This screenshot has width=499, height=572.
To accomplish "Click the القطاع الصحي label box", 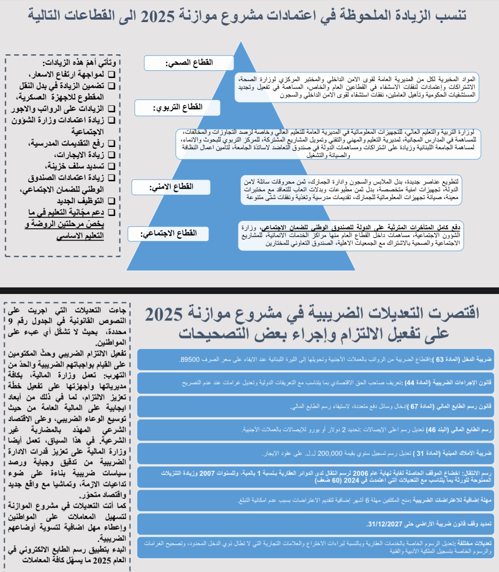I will pyautogui.click(x=189, y=63).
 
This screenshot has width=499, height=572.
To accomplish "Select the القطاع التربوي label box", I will pyautogui.click(x=177, y=107).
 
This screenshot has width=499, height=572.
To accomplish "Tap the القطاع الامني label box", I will pyautogui.click(x=171, y=187).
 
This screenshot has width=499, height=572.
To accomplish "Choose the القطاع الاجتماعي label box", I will pyautogui.click(x=168, y=234).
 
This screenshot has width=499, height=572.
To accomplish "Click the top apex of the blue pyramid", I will pyautogui.click(x=241, y=42).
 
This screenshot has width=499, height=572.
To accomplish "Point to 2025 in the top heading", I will pyautogui.click(x=157, y=16).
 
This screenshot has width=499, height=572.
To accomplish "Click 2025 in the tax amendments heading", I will pyautogui.click(x=164, y=315).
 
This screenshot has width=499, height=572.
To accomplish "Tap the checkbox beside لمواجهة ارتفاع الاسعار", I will pyautogui.click(x=111, y=74).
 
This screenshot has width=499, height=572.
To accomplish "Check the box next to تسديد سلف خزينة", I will pyautogui.click(x=111, y=166).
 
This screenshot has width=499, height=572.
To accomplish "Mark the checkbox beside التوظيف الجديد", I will pyautogui.click(x=111, y=201).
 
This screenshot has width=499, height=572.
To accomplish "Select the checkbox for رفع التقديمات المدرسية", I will pyautogui.click(x=111, y=143).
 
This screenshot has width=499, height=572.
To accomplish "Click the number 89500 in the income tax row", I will pyautogui.click(x=190, y=360).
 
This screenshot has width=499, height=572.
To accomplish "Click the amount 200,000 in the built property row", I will pyautogui.click(x=330, y=453).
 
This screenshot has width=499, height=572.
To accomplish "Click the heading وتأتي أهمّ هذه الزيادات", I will pyautogui.click(x=79, y=63).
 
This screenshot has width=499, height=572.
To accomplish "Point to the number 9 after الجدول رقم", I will pyautogui.click(x=11, y=321).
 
